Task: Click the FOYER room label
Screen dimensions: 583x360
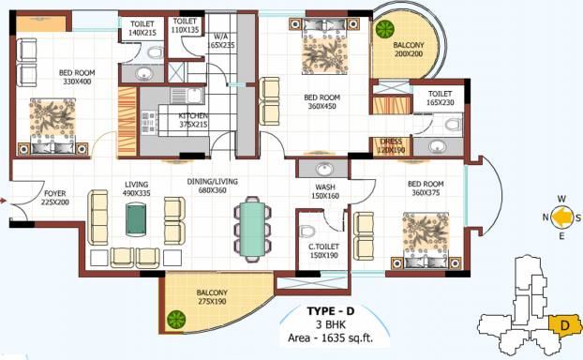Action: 55,193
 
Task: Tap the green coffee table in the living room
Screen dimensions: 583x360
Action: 136,218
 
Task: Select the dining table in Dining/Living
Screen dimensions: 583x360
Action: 252,229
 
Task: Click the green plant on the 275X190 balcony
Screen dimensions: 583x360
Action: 176,320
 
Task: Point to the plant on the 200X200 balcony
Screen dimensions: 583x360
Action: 384,29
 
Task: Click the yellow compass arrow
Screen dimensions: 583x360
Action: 561,217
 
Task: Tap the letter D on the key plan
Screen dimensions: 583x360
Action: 565,326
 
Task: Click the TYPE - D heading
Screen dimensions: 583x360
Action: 331,311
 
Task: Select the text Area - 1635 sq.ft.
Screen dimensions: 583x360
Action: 330,338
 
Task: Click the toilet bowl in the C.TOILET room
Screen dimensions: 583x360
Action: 307,232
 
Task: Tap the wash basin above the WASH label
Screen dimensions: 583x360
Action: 325,169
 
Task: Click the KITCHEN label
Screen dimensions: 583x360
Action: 193,115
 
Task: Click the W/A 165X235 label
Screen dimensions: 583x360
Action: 221,41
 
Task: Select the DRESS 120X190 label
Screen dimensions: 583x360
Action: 391,146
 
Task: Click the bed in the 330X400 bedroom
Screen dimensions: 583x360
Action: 52,127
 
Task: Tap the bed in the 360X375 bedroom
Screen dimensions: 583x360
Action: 426,240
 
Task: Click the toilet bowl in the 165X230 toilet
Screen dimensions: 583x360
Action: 453,125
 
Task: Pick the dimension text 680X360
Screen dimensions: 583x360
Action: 213,190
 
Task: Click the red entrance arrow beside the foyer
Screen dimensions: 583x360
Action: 4,202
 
